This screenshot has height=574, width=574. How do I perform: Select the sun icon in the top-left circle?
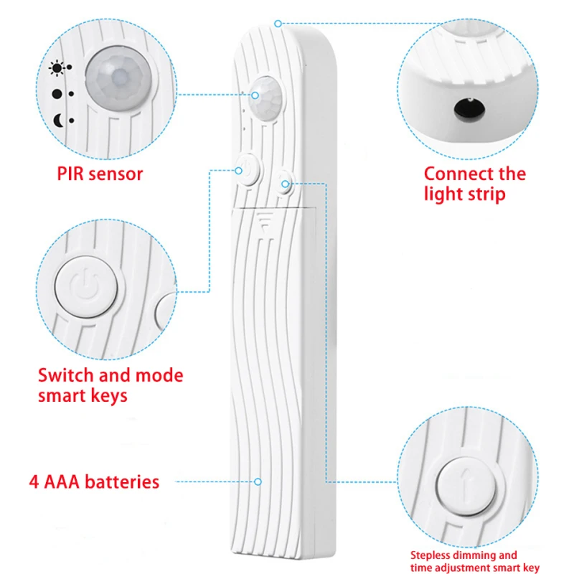56,69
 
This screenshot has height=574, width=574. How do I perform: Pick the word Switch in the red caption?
64,375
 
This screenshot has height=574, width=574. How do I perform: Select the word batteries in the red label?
122,481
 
